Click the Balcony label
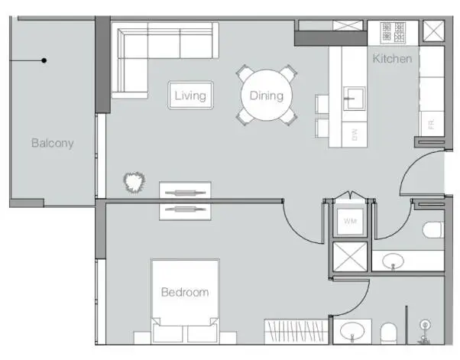pyautogui.click(x=52, y=143)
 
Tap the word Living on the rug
pyautogui.click(x=190, y=96)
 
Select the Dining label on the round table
pyautogui.click(x=267, y=96)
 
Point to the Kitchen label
pyautogui.click(x=392, y=59)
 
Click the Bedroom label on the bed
pyautogui.click(x=185, y=292)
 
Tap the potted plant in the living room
pyautogui.click(x=134, y=182)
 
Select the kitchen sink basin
pyautogui.click(x=355, y=99)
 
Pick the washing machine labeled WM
pyautogui.click(x=350, y=221)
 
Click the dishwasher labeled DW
pyautogui.click(x=355, y=135)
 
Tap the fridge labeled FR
pyautogui.click(x=431, y=124)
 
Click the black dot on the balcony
pyautogui.click(x=44, y=60)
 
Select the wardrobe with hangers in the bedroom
pyautogui.click(x=296, y=332)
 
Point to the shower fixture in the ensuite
pyautogui.click(x=424, y=332)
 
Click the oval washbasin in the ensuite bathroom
pyautogui.click(x=352, y=331)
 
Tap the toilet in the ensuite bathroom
pyautogui.click(x=389, y=333)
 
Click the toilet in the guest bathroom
pyautogui.click(x=433, y=230)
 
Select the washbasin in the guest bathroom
pyautogui.click(x=393, y=261)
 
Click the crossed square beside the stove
pyautogui.click(x=433, y=31)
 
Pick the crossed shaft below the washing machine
pyautogui.click(x=350, y=257)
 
